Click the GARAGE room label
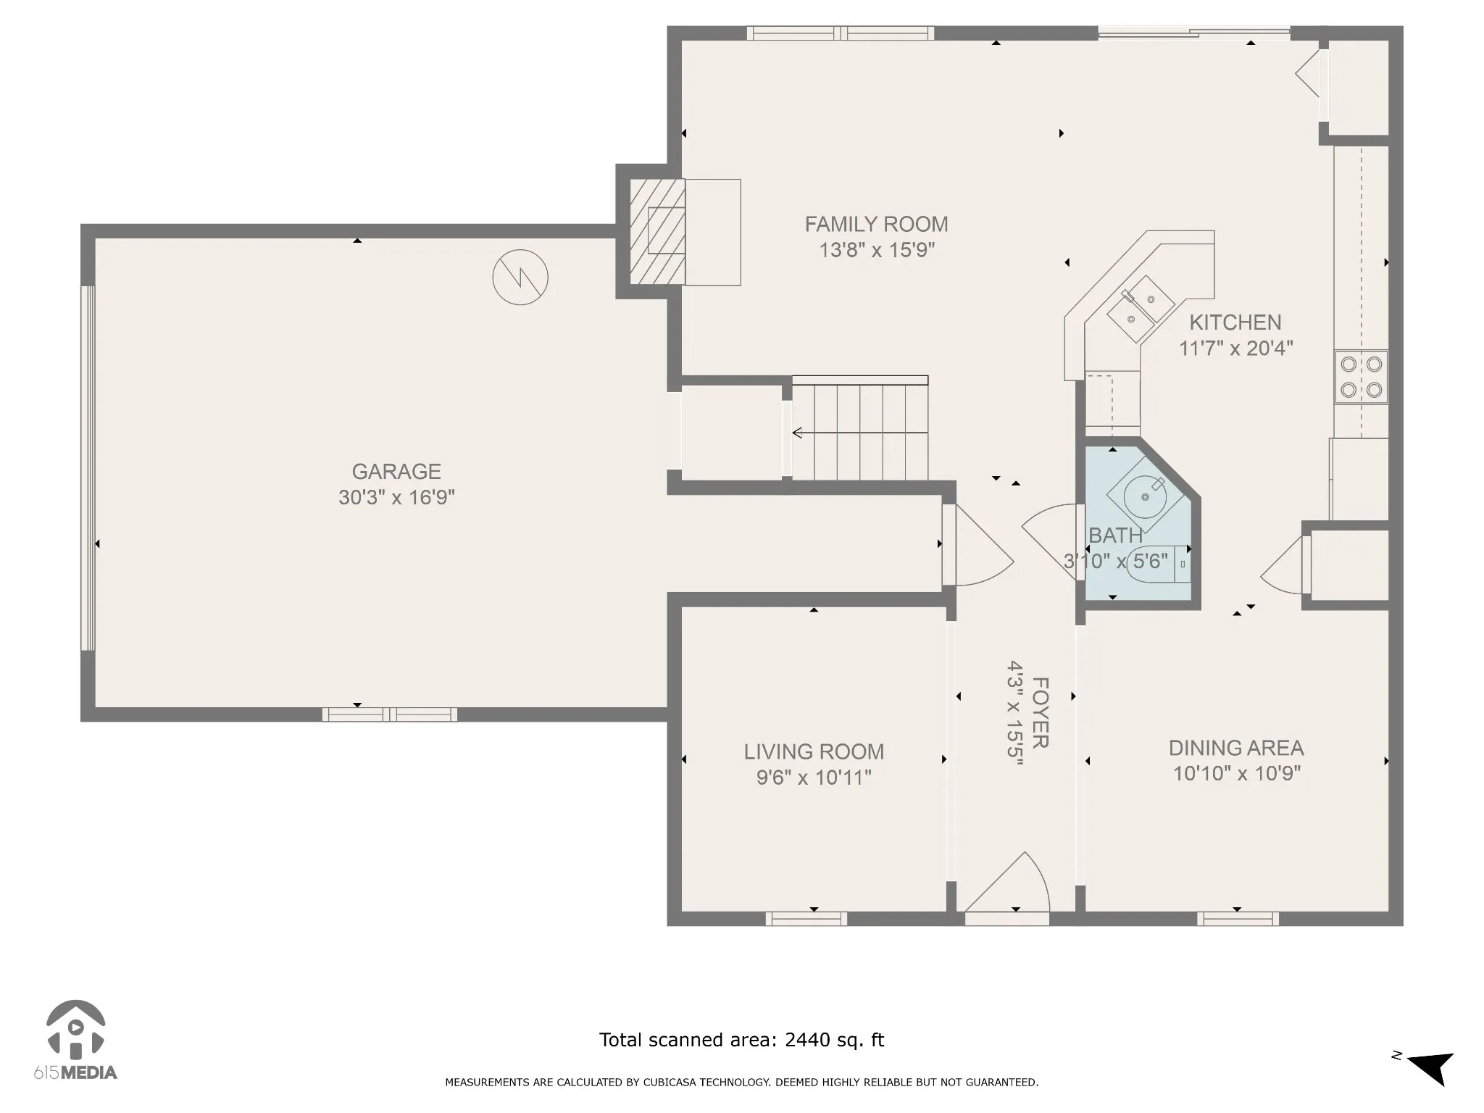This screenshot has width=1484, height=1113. tap(396, 472)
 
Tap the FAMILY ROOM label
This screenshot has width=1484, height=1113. tap(877, 225)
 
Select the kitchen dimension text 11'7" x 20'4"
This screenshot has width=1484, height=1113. tap(1235, 349)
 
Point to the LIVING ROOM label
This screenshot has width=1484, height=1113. tap(814, 752)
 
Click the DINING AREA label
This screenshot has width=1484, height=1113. tap(1236, 748)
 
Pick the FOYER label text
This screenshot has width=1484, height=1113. tap(1040, 713)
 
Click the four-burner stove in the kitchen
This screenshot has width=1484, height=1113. tap(1362, 376)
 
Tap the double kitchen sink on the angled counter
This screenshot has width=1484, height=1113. tap(1141, 309)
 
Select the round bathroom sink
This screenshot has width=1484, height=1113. tap(1145, 496)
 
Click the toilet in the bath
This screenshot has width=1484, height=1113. tap(1158, 563)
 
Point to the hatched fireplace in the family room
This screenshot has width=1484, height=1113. tap(657, 232)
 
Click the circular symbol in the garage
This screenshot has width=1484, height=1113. tap(520, 277)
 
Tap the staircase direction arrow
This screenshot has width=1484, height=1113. tap(860, 433)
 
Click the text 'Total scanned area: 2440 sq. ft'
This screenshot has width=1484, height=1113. tap(741, 1041)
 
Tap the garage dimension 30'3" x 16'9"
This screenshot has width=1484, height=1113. tap(396, 498)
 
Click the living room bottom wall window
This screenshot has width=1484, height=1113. tap(806, 919)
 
